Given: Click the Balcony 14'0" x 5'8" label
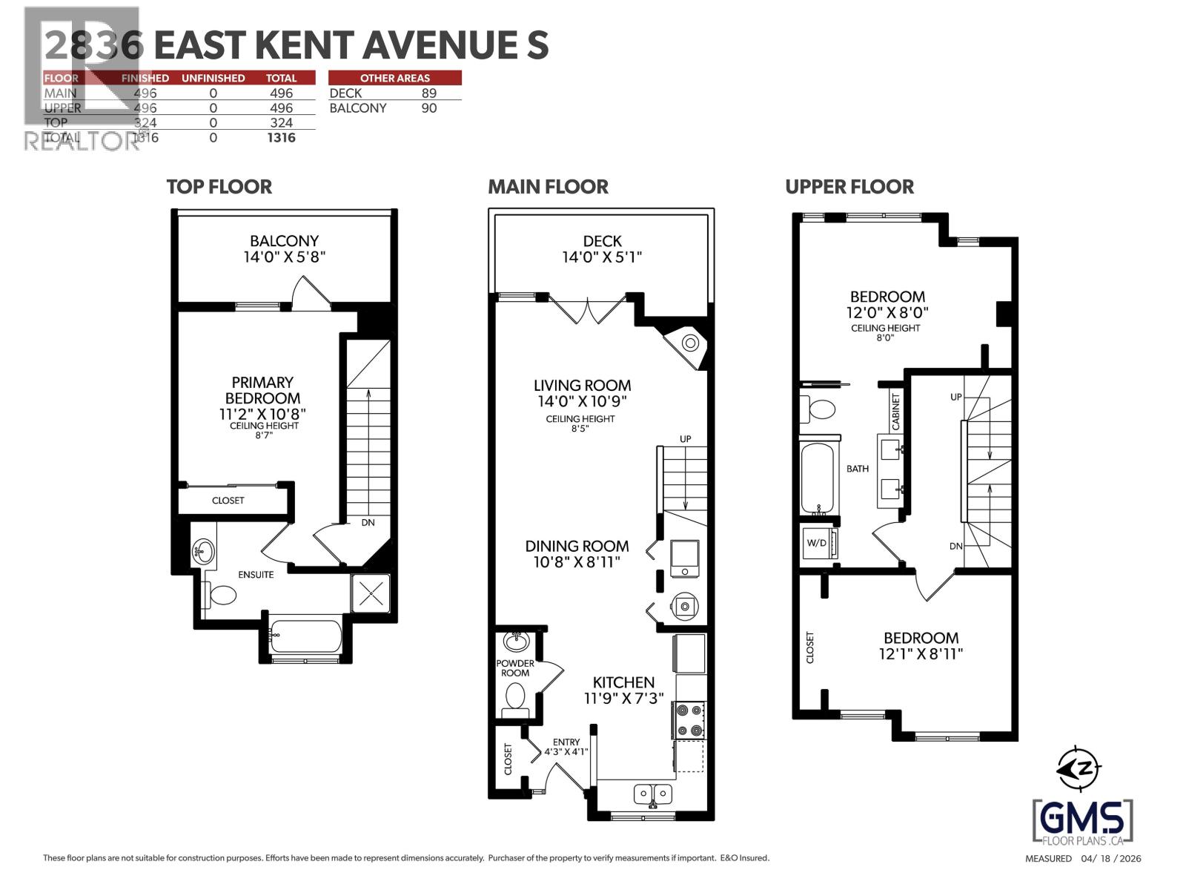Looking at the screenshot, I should pos(284,249).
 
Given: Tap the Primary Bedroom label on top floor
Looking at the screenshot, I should pos(262,398).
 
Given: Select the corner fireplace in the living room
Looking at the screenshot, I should pos(689,343).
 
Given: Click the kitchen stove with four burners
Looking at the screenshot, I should pos(689,720).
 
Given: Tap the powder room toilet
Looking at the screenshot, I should pos(514,697).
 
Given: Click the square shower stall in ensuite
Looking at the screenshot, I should pos(370,593).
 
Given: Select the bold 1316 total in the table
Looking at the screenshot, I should pos(281,138).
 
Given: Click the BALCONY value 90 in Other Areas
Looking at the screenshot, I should pos(428,108).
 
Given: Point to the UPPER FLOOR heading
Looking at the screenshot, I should pos(849,187).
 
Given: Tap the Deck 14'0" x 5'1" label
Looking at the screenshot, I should pos(602,249).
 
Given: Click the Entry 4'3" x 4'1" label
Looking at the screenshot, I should pos(566,746).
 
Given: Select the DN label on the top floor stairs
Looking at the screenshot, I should pos(368,523).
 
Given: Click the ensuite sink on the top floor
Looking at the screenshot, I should pos(202,551).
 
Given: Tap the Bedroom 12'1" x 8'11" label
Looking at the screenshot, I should pos(921,646).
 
